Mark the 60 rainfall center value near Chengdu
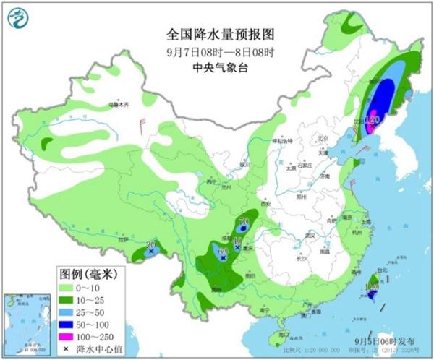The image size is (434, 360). pyautogui.click(x=223, y=251)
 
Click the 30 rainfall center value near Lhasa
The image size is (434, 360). pyautogui.click(x=151, y=246)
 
